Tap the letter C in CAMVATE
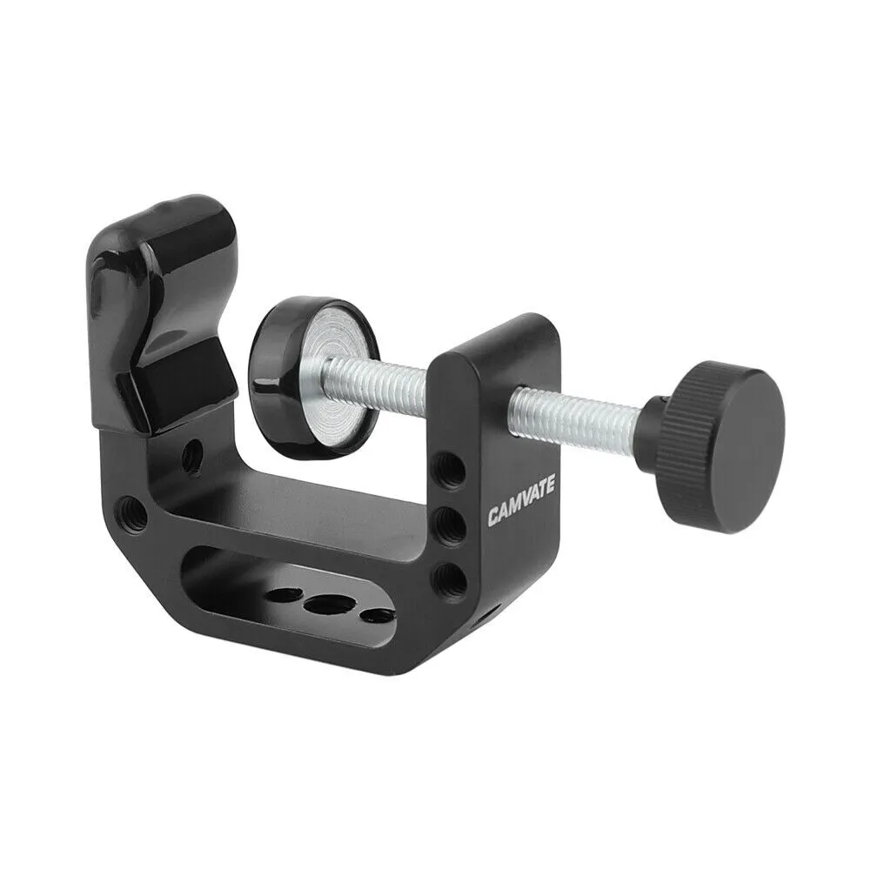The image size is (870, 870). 493,519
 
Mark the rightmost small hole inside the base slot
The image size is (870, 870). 378,615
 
